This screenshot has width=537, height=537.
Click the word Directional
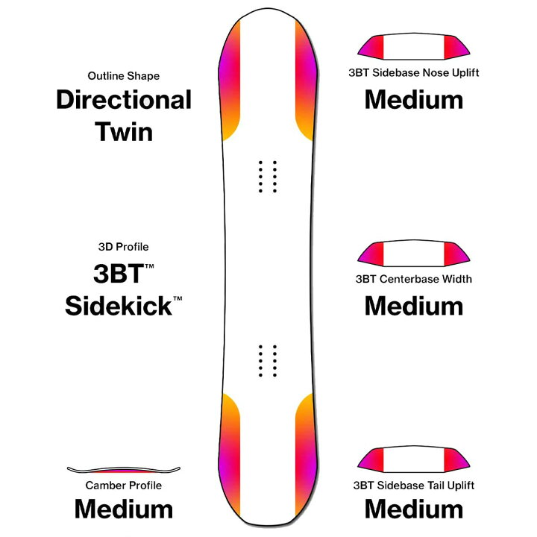(124, 100)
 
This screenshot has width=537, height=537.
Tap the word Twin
(124, 132)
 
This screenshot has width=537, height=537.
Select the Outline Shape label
(124, 75)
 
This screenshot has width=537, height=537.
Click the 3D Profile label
(123, 247)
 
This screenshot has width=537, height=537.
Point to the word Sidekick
(119, 306)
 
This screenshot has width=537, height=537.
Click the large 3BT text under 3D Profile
(119, 273)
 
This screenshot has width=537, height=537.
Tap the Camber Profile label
(124, 486)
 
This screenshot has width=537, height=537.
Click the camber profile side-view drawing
(124, 469)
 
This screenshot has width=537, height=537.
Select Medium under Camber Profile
(124, 509)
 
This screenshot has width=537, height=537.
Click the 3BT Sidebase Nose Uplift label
(414, 72)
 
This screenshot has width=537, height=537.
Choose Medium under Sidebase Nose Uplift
(414, 100)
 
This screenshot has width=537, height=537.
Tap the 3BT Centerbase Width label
(414, 279)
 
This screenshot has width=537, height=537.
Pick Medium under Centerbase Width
(414, 306)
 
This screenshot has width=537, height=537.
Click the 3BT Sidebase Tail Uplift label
(414, 486)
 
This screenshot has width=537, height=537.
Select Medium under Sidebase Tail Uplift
(414, 509)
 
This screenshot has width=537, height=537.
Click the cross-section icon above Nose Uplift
(414, 46)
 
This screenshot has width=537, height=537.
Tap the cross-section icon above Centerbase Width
(414, 254)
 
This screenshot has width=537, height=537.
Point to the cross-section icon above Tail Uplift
(414, 459)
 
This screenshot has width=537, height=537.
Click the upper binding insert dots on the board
(268, 176)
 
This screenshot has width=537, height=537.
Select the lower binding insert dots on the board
(268, 361)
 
